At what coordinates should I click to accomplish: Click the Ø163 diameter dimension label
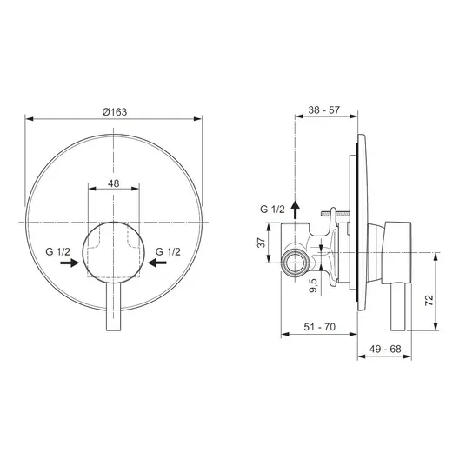click(x=115, y=112)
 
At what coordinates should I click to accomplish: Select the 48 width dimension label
click(x=114, y=183)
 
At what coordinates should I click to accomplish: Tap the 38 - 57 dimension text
click(x=323, y=110)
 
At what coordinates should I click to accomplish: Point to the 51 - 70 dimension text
click(x=319, y=327)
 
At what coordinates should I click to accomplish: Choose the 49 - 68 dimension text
click(x=385, y=349)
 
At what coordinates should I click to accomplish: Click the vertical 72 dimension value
click(x=429, y=300)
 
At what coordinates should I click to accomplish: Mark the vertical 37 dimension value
click(x=262, y=243)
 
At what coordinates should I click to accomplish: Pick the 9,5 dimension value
click(x=313, y=285)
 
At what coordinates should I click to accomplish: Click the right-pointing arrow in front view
click(x=70, y=263)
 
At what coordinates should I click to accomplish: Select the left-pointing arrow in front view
click(x=157, y=263)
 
